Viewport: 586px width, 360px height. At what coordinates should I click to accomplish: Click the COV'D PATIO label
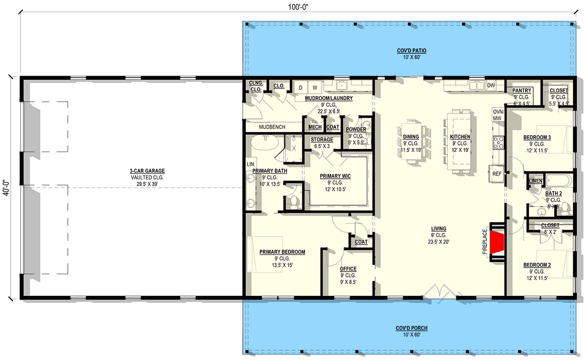[x=408, y=51]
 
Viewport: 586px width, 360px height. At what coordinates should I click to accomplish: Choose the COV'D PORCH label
[x=408, y=328]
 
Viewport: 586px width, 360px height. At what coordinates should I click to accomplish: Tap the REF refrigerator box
[x=497, y=173]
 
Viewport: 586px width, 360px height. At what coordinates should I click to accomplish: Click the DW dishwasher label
[x=491, y=86]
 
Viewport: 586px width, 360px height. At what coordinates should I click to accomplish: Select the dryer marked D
[x=300, y=87]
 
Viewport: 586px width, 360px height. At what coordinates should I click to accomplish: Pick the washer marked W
[x=315, y=87]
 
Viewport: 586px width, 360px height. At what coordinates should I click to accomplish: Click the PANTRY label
[x=522, y=91]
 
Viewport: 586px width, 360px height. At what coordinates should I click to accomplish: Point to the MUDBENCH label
[x=272, y=127]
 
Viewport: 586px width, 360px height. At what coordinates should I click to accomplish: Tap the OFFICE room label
[x=348, y=269]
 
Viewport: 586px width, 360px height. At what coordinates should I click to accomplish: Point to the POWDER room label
[x=356, y=129]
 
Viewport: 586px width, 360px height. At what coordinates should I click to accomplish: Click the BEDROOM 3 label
[x=537, y=137]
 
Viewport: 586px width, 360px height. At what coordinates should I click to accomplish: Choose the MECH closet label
[x=315, y=127]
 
